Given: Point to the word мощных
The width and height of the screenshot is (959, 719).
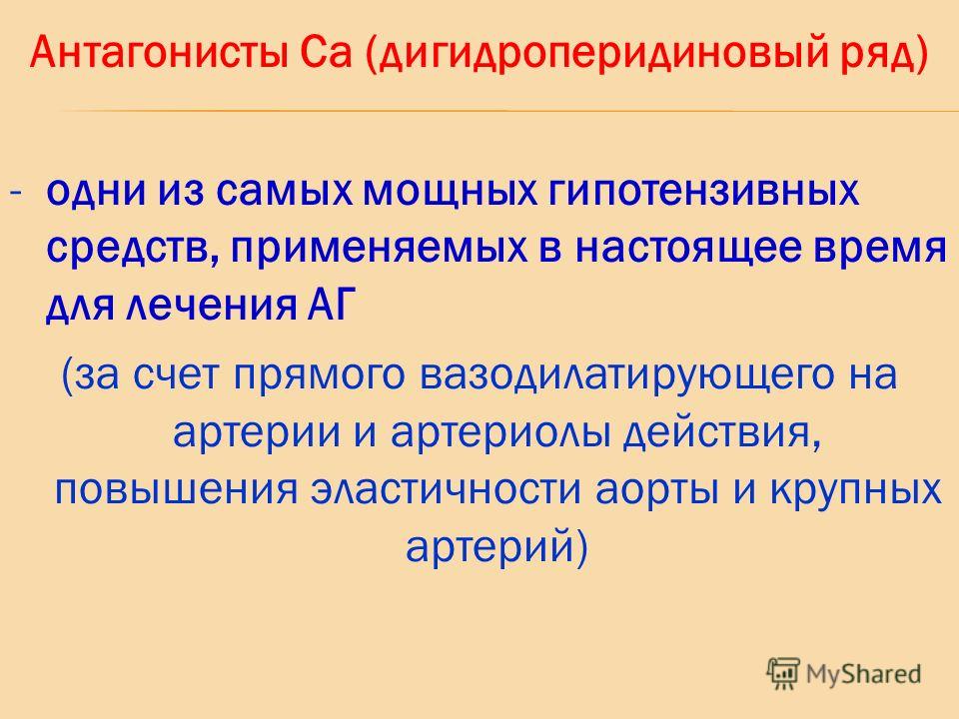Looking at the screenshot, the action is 451,192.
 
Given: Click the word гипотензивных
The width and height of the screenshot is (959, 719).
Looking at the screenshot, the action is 703,192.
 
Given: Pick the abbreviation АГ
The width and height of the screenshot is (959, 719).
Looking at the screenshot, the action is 329,306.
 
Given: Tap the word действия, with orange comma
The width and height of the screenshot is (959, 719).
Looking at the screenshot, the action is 722,432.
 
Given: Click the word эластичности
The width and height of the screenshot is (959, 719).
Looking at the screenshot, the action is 446,489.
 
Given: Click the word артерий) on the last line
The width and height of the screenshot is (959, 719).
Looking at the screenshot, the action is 496,547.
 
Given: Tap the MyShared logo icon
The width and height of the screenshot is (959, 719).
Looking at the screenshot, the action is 783,674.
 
